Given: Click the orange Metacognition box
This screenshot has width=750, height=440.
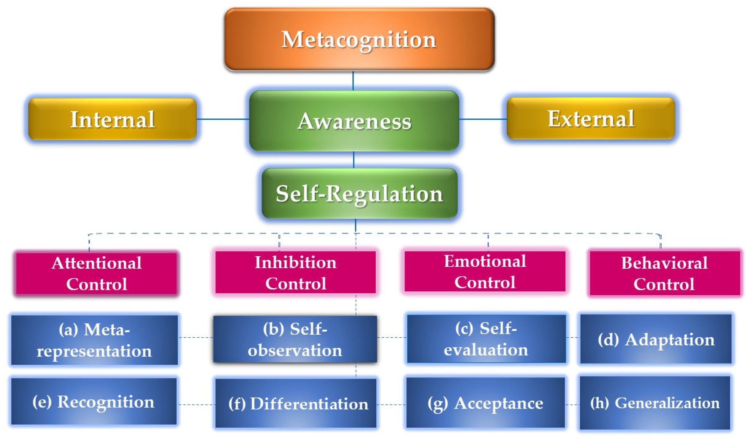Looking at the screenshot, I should click(x=359, y=39).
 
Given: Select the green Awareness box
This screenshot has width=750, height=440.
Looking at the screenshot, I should click(x=354, y=120).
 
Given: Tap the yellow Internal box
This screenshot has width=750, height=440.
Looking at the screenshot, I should click(x=113, y=119).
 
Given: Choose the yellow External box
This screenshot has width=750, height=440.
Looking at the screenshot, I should click(x=591, y=119).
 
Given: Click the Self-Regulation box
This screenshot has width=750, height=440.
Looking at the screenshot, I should click(x=359, y=194).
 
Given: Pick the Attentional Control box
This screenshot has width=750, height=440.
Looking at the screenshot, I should click(x=96, y=273).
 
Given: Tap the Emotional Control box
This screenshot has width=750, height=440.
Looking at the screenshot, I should click(x=485, y=272).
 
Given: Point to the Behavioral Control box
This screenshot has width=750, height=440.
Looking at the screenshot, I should click(x=664, y=273).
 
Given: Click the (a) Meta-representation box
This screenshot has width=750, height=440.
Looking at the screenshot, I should click(x=94, y=340).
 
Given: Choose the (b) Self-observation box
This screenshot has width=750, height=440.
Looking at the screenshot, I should click(x=295, y=339).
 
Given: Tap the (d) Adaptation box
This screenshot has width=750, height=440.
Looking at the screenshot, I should click(x=656, y=339).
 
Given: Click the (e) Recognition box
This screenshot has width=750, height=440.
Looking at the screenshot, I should click(x=94, y=401).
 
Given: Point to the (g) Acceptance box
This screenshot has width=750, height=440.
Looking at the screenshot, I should click(x=485, y=402).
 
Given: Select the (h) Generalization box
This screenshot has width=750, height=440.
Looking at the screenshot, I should click(x=655, y=402).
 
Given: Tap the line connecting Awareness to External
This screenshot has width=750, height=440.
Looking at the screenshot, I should click(x=483, y=119).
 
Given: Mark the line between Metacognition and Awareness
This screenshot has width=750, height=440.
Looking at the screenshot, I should click(x=353, y=81).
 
